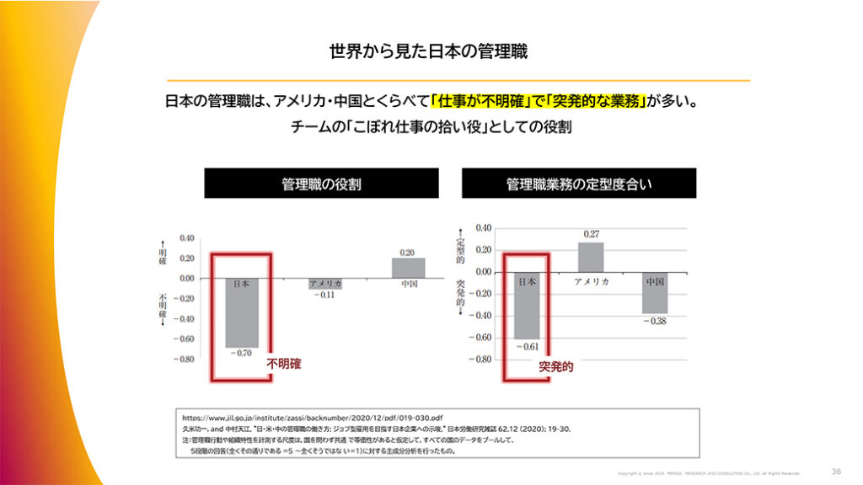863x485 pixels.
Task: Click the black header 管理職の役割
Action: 321,184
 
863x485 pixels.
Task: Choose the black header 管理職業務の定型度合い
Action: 578,184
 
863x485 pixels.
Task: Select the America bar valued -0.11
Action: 324,284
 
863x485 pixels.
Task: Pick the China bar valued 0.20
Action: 408,268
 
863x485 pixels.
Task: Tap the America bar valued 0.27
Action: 591,257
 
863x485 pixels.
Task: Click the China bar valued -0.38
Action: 655,293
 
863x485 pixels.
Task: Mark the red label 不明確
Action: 284,365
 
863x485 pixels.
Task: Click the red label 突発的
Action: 556,368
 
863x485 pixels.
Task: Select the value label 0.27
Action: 591,234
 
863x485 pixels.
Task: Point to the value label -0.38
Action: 655,322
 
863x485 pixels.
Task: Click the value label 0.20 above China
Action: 408,252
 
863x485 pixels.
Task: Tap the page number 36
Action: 836,472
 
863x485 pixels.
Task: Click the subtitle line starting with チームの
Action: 431,127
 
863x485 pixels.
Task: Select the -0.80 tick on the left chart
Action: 184,360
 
